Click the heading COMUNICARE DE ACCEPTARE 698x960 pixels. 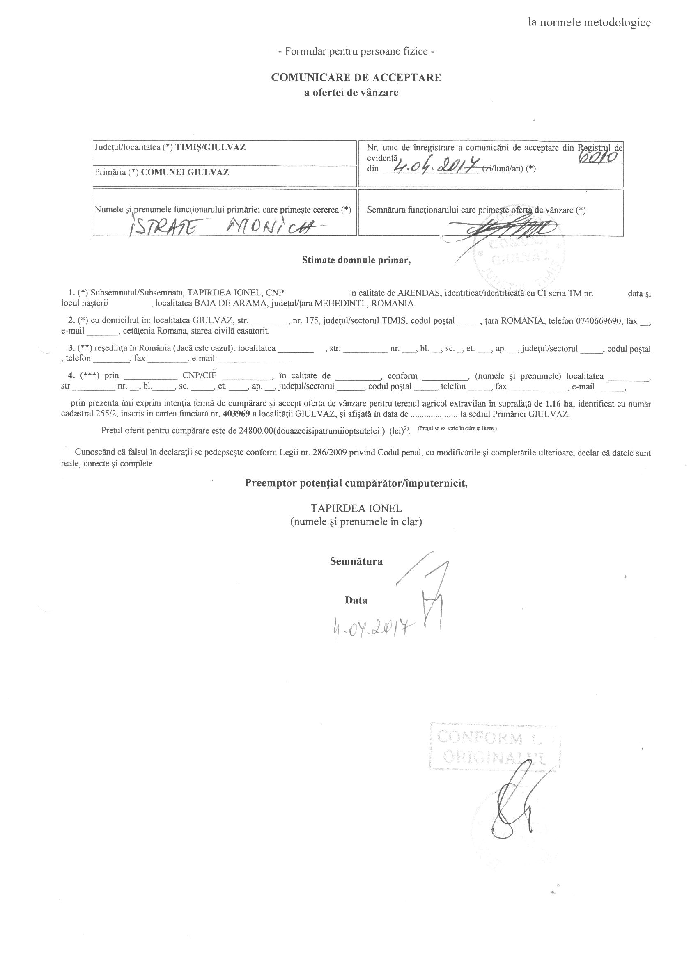[356, 78]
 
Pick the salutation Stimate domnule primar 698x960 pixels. [356, 261]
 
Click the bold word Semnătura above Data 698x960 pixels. [356, 561]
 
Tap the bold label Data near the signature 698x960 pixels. [356, 600]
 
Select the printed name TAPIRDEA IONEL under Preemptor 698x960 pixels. [356, 508]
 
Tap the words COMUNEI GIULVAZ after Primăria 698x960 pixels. [185, 172]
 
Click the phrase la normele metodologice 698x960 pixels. [589, 23]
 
